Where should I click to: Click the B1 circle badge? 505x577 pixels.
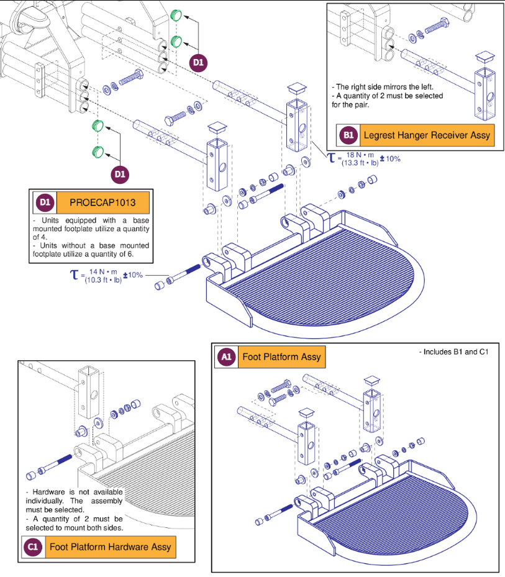coord(348,134)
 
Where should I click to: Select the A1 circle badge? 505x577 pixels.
coord(227,357)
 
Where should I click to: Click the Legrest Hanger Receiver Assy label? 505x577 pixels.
coord(426,135)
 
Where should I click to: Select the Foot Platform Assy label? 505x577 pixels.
coord(281,357)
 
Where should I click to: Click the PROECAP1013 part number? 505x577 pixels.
coord(103,202)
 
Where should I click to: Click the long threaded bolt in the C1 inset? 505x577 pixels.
coord(56,466)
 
